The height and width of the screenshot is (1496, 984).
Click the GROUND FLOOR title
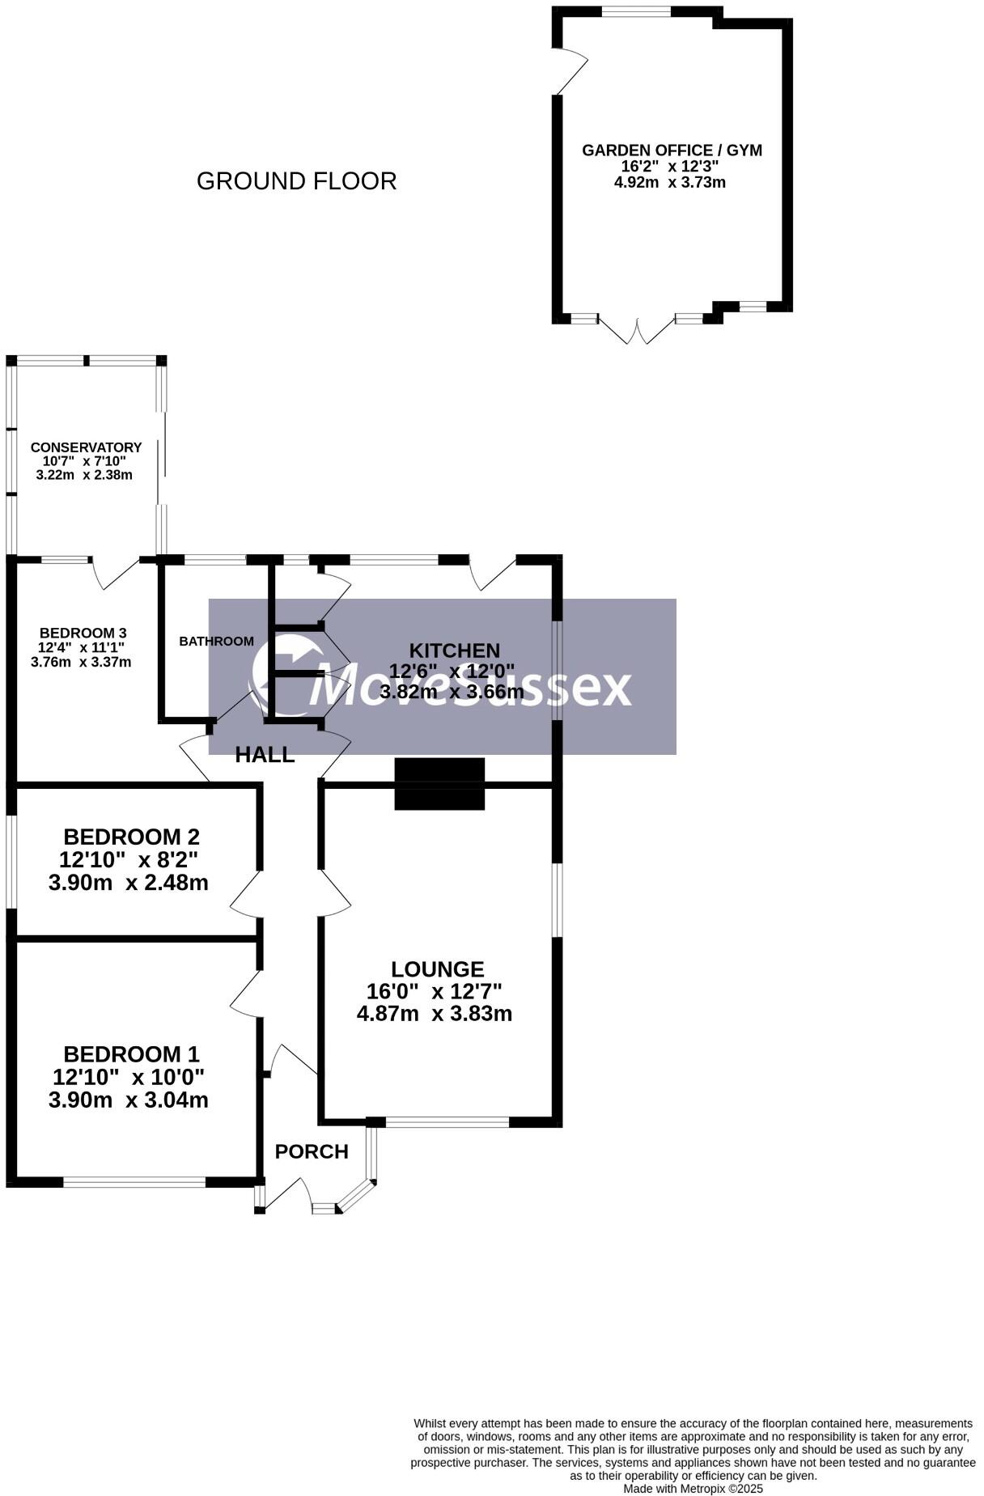click(296, 181)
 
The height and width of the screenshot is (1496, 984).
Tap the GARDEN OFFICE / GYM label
click(672, 150)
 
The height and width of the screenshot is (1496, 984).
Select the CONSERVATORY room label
click(86, 447)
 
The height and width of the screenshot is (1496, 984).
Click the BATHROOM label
click(216, 641)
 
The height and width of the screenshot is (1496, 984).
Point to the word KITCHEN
click(454, 650)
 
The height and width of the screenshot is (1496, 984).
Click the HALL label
click(265, 755)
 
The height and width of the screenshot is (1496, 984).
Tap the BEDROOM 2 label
click(131, 836)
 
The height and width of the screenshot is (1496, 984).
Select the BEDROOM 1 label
click(131, 1054)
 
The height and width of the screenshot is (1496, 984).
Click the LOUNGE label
click(437, 968)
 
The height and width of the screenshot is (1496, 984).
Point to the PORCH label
click(312, 1151)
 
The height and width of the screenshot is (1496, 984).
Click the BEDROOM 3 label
click(83, 633)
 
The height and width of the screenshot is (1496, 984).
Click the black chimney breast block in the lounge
click(439, 783)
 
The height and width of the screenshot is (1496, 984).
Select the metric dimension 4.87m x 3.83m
click(435, 1013)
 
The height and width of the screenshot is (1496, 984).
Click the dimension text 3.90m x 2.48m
click(129, 882)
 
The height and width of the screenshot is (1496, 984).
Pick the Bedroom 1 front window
click(134, 1182)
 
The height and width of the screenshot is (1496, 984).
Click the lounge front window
click(447, 1121)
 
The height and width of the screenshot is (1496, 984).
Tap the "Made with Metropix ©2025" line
click(693, 1488)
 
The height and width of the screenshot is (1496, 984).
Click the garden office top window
click(636, 11)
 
